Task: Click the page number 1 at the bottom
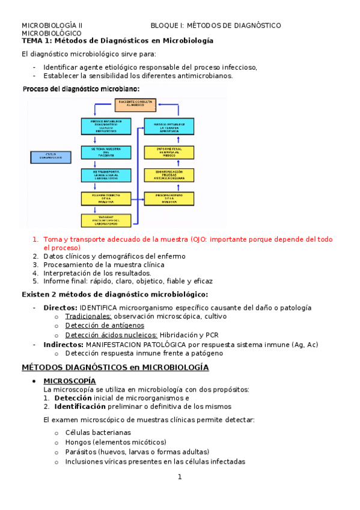[179, 477]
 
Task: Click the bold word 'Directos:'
[60, 308]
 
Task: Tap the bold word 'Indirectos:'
[63, 345]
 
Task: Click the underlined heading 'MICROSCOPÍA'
[69, 381]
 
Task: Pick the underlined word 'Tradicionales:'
[88, 316]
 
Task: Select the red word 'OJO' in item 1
[199, 239]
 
